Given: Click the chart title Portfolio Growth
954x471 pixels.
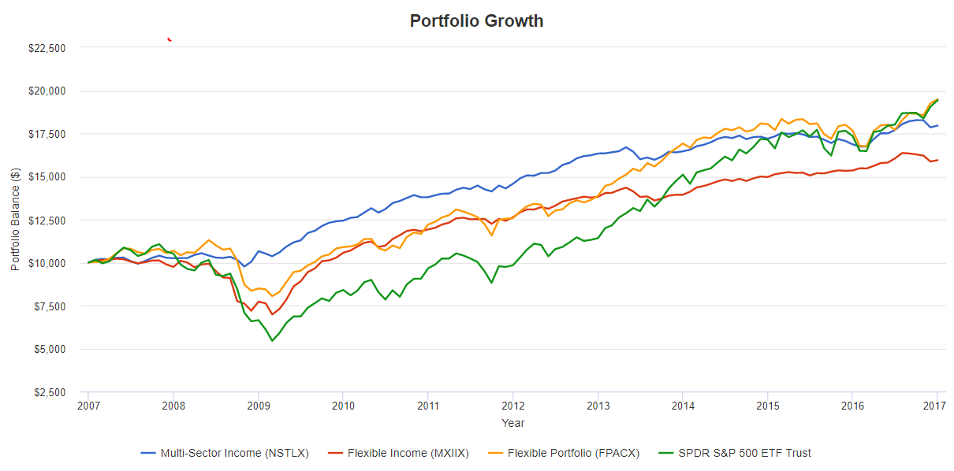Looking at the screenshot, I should click(x=476, y=21).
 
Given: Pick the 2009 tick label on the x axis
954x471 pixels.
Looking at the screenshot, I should click(x=258, y=406).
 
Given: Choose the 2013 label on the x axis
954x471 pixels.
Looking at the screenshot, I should click(x=598, y=406).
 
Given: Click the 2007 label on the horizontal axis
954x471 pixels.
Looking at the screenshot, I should click(x=88, y=406).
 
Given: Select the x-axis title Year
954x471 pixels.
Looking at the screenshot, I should click(x=512, y=423).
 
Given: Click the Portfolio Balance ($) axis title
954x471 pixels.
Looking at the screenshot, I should click(x=16, y=220).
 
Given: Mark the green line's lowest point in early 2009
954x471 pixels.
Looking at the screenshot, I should click(x=272, y=340).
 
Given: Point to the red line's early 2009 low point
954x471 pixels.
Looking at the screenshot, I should click(x=272, y=314).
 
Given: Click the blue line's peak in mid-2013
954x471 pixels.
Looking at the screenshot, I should click(x=625, y=146).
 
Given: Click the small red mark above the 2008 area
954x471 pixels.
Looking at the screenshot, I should click(x=170, y=39).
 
